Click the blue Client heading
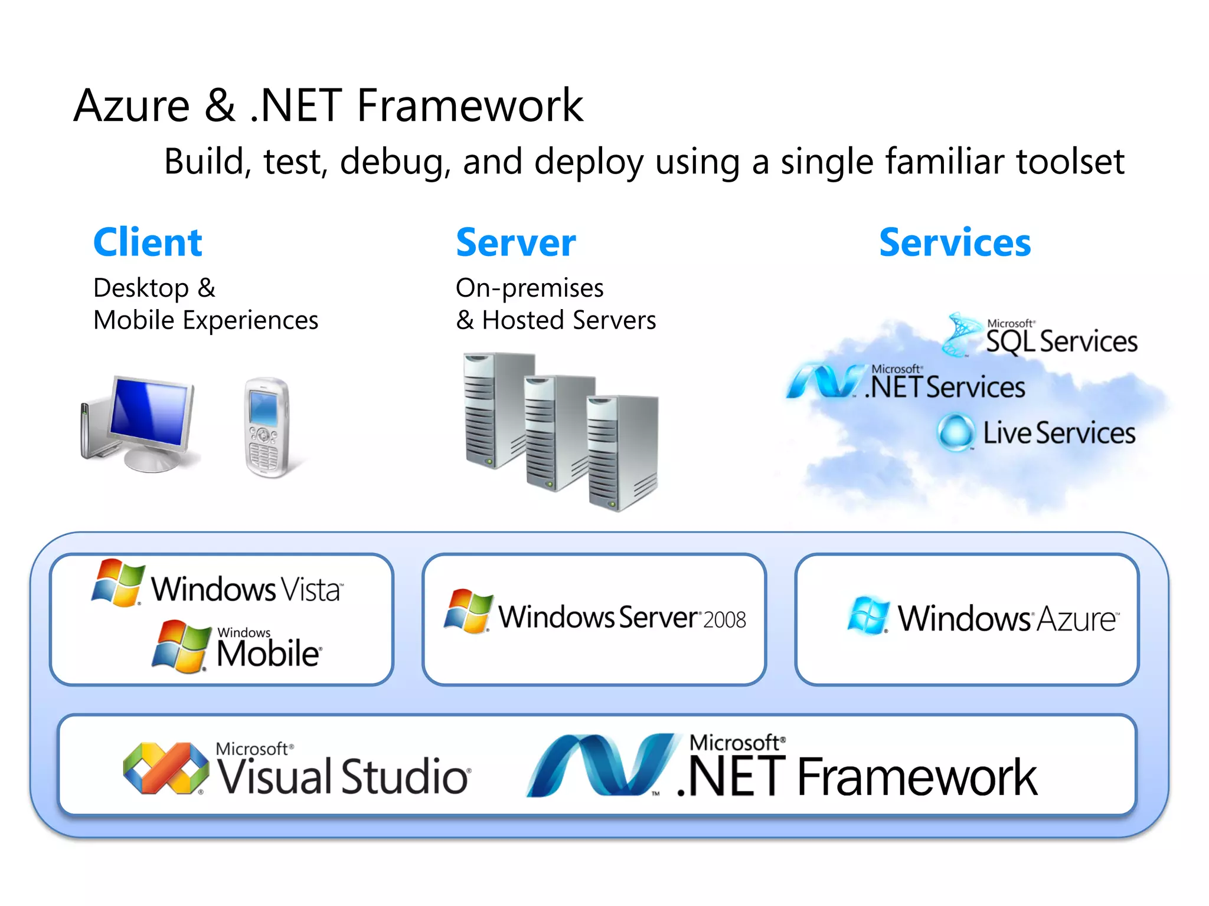148,242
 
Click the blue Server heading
515,242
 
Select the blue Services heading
955,242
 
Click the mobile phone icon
267,427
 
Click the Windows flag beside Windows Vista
118,583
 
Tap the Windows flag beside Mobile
181,646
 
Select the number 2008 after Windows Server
725,620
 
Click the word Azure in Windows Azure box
1077,619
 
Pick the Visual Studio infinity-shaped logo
166,768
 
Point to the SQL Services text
1061,342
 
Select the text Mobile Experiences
205,320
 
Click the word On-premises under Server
530,288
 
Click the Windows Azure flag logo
867,615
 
